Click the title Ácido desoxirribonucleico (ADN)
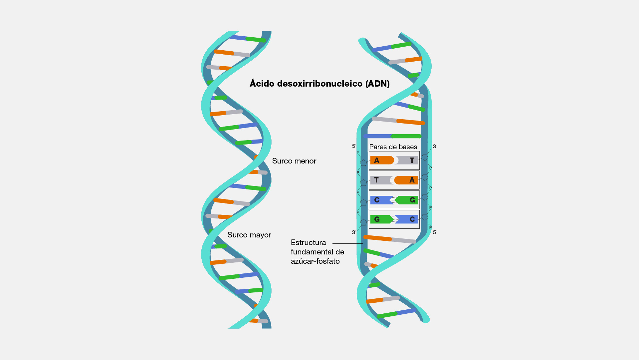pyautogui.click(x=319, y=84)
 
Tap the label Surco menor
pyautogui.click(x=294, y=161)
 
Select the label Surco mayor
pyautogui.click(x=249, y=235)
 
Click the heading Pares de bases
pyautogui.click(x=393, y=147)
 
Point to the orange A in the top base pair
pyautogui.click(x=377, y=161)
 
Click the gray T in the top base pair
pyautogui.click(x=412, y=161)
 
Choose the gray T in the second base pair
pyautogui.click(x=376, y=180)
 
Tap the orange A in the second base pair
pyautogui.click(x=412, y=180)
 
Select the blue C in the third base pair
pyautogui.click(x=377, y=200)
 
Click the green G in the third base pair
pyautogui.click(x=412, y=200)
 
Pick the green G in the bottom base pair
pyautogui.click(x=377, y=219)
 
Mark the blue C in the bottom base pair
pyautogui.click(x=412, y=219)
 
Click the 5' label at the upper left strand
pyautogui.click(x=354, y=146)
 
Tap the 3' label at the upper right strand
pyautogui.click(x=435, y=147)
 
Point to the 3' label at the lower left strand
pyautogui.click(x=354, y=232)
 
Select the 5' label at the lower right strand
pyautogui.click(x=435, y=232)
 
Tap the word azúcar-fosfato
pyautogui.click(x=315, y=261)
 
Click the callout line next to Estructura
pyautogui.click(x=347, y=244)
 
